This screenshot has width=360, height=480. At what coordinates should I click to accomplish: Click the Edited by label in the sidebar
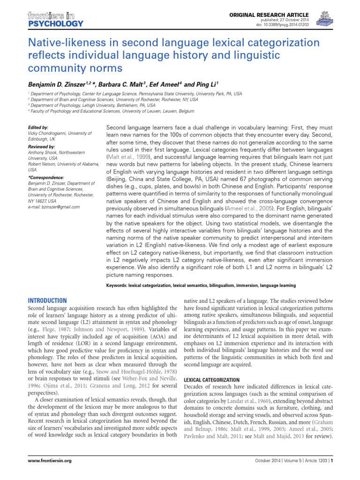(x=38, y=127)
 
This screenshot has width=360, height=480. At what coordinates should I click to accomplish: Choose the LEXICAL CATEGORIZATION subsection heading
(x=211, y=379)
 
